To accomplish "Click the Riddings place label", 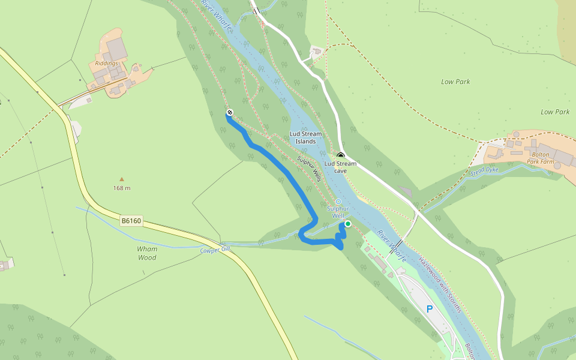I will pyautogui.click(x=106, y=63).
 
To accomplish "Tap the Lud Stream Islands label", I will pyautogui.click(x=305, y=137).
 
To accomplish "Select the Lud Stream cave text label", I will pyautogui.click(x=340, y=167).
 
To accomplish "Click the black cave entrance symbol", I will pyautogui.click(x=340, y=155).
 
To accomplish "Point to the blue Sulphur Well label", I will pyautogui.click(x=338, y=212).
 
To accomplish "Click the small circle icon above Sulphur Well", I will pyautogui.click(x=338, y=202).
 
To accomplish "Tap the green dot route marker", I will pyautogui.click(x=347, y=224).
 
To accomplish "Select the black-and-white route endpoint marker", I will pyautogui.click(x=229, y=113).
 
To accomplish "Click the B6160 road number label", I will pyautogui.click(x=131, y=221).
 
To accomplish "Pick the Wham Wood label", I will pyautogui.click(x=147, y=253).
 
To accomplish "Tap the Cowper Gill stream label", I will pyautogui.click(x=215, y=250).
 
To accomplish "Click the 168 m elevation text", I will pyautogui.click(x=122, y=188).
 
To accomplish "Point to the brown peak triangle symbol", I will pyautogui.click(x=122, y=179).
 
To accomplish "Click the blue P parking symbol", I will pyautogui.click(x=429, y=309).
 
